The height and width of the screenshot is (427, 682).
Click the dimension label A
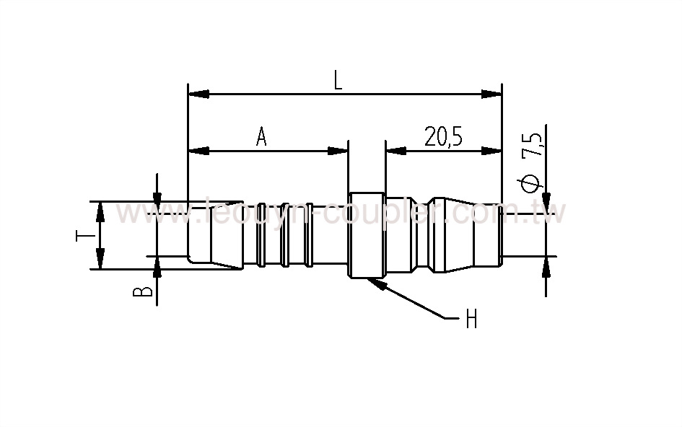pyautogui.click(x=261, y=136)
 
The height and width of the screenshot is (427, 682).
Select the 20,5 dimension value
pyautogui.click(x=443, y=136)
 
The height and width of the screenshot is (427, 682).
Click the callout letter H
pyautogui.click(x=471, y=319)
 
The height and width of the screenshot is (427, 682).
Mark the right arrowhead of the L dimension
pyautogui.click(x=492, y=94)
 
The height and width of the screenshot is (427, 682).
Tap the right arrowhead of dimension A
pyautogui.click(x=338, y=151)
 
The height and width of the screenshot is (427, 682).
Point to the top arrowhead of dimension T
pyautogui.click(x=100, y=210)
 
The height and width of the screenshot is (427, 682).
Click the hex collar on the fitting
pyautogui.click(x=366, y=234)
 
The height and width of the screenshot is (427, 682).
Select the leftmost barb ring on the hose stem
pyautogui.click(x=261, y=234)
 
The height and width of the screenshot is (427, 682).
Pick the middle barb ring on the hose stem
pyautogui.click(x=285, y=234)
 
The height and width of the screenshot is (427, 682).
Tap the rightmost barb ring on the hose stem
pyautogui.click(x=309, y=234)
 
